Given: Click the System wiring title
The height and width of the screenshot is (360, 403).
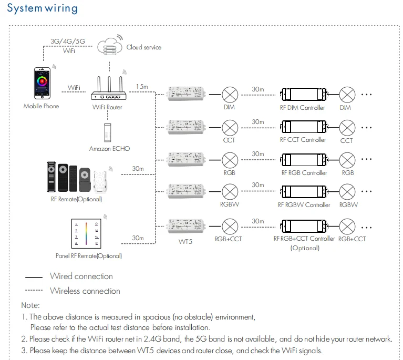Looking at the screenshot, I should [x=43, y=9].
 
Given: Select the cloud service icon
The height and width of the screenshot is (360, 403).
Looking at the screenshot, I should [x=109, y=47].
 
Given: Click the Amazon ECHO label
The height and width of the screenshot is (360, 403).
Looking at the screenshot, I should [x=109, y=149].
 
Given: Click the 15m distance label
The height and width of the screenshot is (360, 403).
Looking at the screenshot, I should [x=142, y=86].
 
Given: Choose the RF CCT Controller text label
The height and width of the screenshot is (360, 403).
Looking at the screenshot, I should [x=303, y=140].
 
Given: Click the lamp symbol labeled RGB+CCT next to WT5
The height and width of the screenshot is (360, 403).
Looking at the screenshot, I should [x=229, y=227].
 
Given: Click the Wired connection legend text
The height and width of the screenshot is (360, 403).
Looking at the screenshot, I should [x=81, y=276].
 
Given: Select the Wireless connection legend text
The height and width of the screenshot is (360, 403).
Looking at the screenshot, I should [x=85, y=291].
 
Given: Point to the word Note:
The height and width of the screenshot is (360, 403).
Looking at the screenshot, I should [x=30, y=305].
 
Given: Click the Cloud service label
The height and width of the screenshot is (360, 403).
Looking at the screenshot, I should [x=144, y=47].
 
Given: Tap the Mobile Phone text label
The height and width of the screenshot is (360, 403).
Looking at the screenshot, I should [x=42, y=106].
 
